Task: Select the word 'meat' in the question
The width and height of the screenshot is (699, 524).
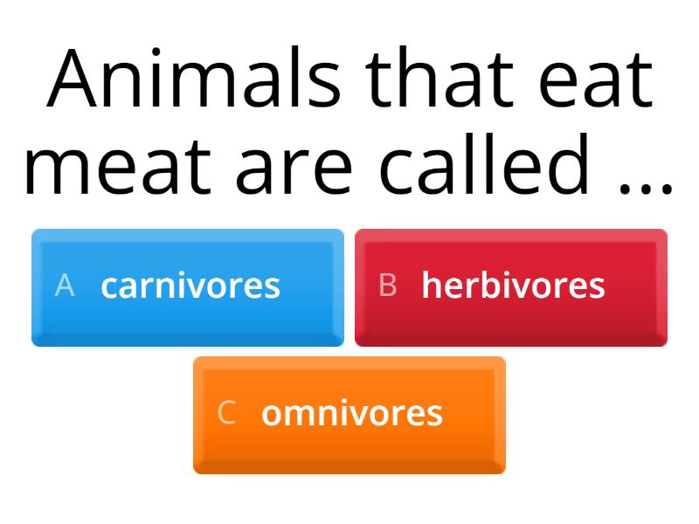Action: (x=112, y=166)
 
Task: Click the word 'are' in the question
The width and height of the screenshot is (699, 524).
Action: (x=290, y=166)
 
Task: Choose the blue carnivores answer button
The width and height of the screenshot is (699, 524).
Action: (x=188, y=287)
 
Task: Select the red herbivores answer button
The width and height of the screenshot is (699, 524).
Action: (x=511, y=287)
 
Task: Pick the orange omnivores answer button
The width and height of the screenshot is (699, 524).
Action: (x=349, y=415)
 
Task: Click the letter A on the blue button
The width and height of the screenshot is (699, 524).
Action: (x=64, y=286)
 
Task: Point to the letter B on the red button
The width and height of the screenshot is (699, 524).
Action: (x=388, y=286)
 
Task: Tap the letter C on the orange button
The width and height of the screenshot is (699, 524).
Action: (x=226, y=412)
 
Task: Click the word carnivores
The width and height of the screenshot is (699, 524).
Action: (x=190, y=286)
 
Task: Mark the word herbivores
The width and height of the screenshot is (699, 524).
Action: (x=513, y=286)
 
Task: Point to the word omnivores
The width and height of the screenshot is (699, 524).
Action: (x=351, y=413)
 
